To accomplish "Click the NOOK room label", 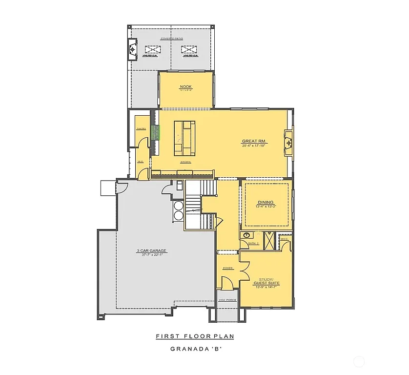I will point(185,86).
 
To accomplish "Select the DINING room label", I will point(266,203).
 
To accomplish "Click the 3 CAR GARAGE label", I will point(151,250).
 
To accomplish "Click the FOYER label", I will point(228,268).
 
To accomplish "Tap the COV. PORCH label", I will point(227,300).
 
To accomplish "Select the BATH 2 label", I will point(253,243).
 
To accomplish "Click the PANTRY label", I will point(141,128).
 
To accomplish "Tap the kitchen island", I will point(184,136).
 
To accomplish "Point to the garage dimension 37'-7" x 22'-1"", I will point(151,255).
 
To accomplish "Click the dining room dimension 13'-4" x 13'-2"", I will point(266,207).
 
